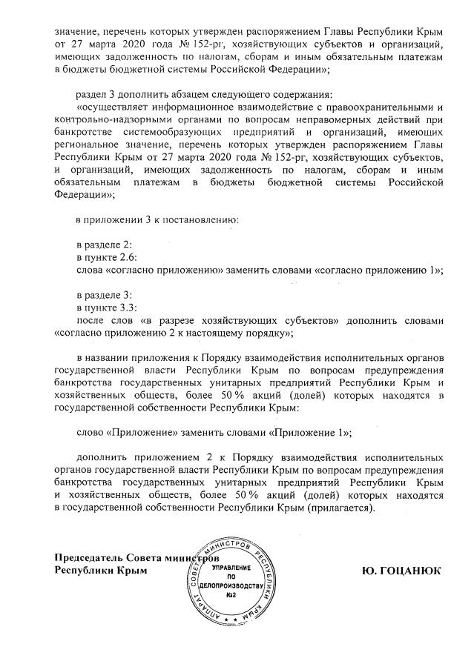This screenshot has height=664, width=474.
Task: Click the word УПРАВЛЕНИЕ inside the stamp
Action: [231, 567]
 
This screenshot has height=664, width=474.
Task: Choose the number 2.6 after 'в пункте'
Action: [121, 256]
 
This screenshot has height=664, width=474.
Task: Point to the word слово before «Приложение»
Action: [92, 431]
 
